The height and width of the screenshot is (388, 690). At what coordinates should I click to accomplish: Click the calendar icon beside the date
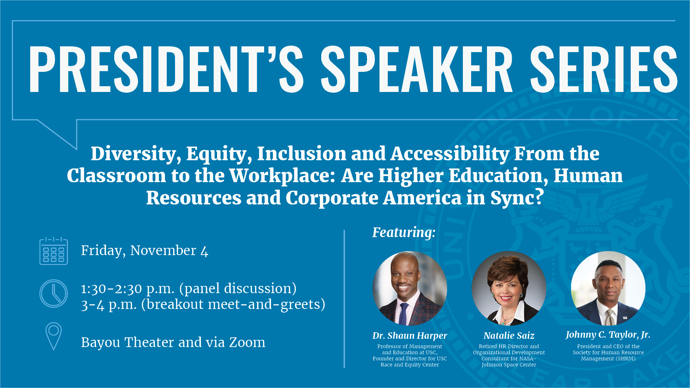point(54,251)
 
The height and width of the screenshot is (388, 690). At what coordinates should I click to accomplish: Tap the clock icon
point(54,294)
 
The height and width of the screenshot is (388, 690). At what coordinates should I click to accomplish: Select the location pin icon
point(54,336)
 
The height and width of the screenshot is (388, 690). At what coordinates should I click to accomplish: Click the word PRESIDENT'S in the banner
point(166,70)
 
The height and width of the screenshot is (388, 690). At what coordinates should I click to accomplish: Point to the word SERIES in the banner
point(603,70)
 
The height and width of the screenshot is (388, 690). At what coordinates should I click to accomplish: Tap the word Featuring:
point(404,232)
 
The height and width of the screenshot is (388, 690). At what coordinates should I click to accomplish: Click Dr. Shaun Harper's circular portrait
point(410,288)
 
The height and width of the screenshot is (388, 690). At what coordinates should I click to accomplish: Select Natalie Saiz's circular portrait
point(509,288)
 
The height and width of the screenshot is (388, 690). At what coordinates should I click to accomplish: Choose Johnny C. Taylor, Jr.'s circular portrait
point(608,288)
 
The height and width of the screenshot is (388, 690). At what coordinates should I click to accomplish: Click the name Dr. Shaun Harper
point(410,336)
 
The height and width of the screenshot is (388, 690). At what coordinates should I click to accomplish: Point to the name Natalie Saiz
point(509,336)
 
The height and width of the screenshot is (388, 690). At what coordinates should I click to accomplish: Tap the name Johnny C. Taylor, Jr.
point(608,335)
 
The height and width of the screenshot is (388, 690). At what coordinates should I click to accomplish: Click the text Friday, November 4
point(144,250)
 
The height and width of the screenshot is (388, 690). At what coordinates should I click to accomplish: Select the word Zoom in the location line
point(247,342)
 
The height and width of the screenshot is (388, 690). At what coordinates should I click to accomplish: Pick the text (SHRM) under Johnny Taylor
point(626,359)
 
